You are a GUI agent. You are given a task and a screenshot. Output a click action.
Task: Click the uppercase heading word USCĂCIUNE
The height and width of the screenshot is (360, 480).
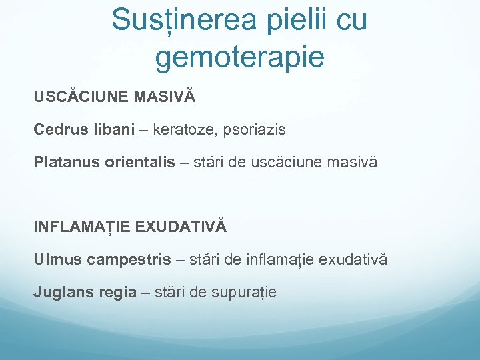(x=81, y=97)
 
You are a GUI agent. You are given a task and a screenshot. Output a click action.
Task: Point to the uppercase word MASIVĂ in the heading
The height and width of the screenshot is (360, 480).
(x=165, y=97)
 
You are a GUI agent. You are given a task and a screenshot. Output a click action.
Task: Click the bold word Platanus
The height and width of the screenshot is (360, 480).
(x=67, y=162)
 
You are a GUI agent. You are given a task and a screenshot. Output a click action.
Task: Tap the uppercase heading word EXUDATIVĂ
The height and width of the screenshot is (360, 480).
(x=181, y=227)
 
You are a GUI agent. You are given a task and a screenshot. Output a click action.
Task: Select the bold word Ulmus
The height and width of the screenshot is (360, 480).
(x=57, y=259)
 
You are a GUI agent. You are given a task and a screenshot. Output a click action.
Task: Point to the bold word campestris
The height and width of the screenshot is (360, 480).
(x=129, y=259)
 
